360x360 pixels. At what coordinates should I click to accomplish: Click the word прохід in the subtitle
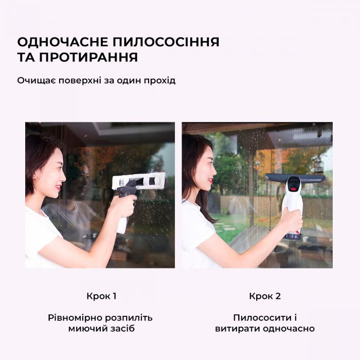[x=161, y=81]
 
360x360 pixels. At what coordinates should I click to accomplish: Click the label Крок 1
[x=101, y=296]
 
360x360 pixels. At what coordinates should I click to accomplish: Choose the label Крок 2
[x=265, y=296]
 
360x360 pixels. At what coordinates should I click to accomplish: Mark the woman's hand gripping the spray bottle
[x=123, y=205]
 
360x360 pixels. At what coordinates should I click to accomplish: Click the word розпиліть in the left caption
[x=130, y=318]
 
